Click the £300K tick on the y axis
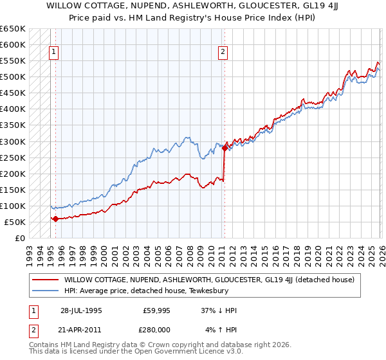click(x=13, y=141)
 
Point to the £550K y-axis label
click(x=13, y=61)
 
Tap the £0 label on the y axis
click(x=19, y=239)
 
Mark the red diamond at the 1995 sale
click(x=55, y=219)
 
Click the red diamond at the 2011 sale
click(x=225, y=148)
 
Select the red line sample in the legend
click(x=45, y=280)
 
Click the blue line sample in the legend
click(x=45, y=290)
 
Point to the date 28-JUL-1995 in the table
click(x=81, y=310)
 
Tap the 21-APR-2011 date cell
click(x=81, y=330)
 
